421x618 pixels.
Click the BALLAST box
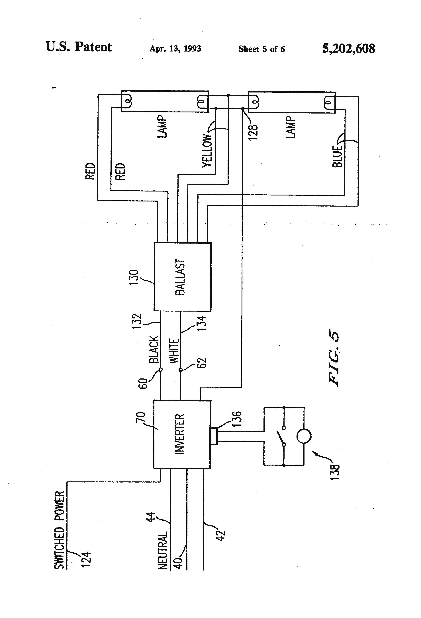point(183,277)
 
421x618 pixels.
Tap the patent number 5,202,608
point(348,49)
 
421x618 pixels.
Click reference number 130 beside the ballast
point(134,277)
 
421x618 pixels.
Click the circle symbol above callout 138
point(304,436)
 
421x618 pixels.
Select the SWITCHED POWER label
point(59,531)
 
